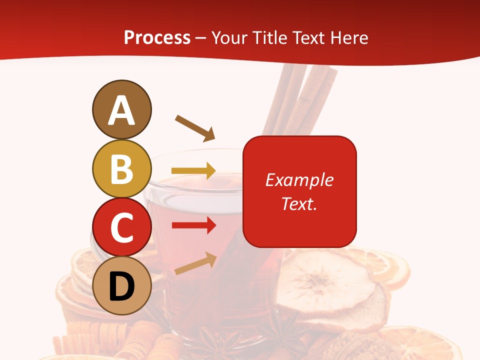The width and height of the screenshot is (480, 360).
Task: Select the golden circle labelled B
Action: point(121,169)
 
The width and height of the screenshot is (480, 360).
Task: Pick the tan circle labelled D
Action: point(121,285)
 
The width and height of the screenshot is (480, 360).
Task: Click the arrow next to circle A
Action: point(195,128)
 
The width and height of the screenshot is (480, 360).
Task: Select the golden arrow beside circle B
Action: point(193,171)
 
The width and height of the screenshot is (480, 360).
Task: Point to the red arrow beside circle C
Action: point(193,225)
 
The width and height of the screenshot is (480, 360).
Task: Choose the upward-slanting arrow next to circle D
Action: point(195,263)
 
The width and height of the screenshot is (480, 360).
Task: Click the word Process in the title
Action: point(157,37)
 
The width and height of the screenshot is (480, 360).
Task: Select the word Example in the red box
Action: point(299,180)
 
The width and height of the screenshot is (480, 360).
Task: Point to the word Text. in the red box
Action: point(299,203)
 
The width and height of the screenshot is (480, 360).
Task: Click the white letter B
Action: point(121,169)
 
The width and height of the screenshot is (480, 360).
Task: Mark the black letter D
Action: point(121,287)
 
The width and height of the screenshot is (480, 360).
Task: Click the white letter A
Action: point(121,110)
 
